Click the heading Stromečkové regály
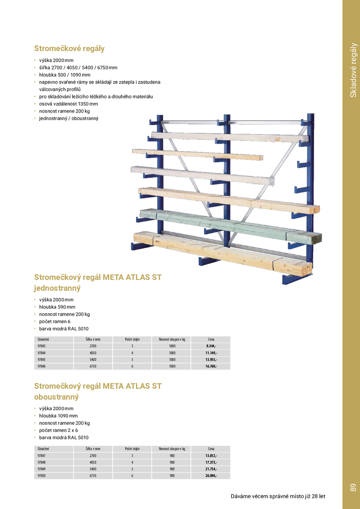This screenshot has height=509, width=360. [69, 49]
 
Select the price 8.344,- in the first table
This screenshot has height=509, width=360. [211, 346]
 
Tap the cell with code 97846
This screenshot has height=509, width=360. [41, 366]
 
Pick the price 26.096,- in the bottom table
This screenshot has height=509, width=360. [211, 476]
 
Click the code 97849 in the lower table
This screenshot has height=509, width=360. [41, 469]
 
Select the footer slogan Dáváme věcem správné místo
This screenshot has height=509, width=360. [278, 496]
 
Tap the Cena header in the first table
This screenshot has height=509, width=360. [211, 339]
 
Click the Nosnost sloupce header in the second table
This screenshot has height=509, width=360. [172, 449]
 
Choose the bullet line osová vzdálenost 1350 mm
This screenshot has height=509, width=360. [68, 104]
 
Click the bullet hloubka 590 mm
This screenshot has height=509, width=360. [57, 307]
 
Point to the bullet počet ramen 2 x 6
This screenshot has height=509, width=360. [59, 430]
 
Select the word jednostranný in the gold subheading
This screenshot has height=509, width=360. [57, 288]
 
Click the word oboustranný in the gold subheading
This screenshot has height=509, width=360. [56, 397]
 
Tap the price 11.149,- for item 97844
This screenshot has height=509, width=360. [211, 353]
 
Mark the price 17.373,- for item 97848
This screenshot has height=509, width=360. [211, 462]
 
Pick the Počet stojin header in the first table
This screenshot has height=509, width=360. [132, 339]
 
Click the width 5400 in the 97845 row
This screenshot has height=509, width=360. [93, 360]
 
